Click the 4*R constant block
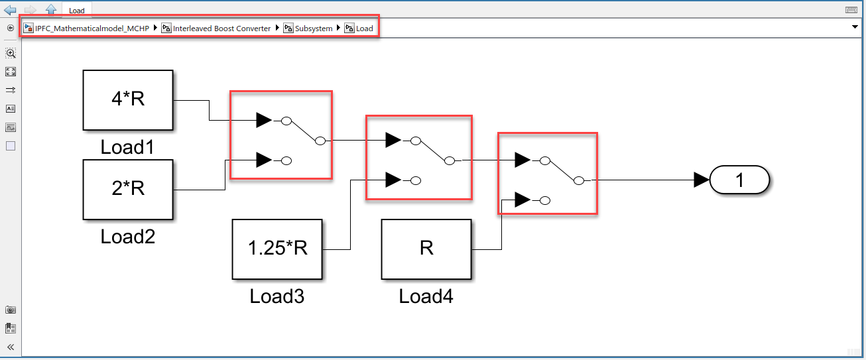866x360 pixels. point(127,100)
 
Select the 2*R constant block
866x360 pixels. point(127,189)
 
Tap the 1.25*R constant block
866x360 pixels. point(277,249)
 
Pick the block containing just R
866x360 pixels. point(426,249)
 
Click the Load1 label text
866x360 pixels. point(127,147)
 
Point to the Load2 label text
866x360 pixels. point(127,236)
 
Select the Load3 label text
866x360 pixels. point(277,296)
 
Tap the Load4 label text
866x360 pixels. point(426,296)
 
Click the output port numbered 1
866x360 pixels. point(739,180)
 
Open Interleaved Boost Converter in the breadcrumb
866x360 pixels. point(221,29)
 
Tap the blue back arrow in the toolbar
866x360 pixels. point(10,10)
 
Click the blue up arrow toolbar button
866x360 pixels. point(50,10)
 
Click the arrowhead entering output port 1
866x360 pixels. point(702,180)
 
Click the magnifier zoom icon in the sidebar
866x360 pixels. point(11,53)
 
